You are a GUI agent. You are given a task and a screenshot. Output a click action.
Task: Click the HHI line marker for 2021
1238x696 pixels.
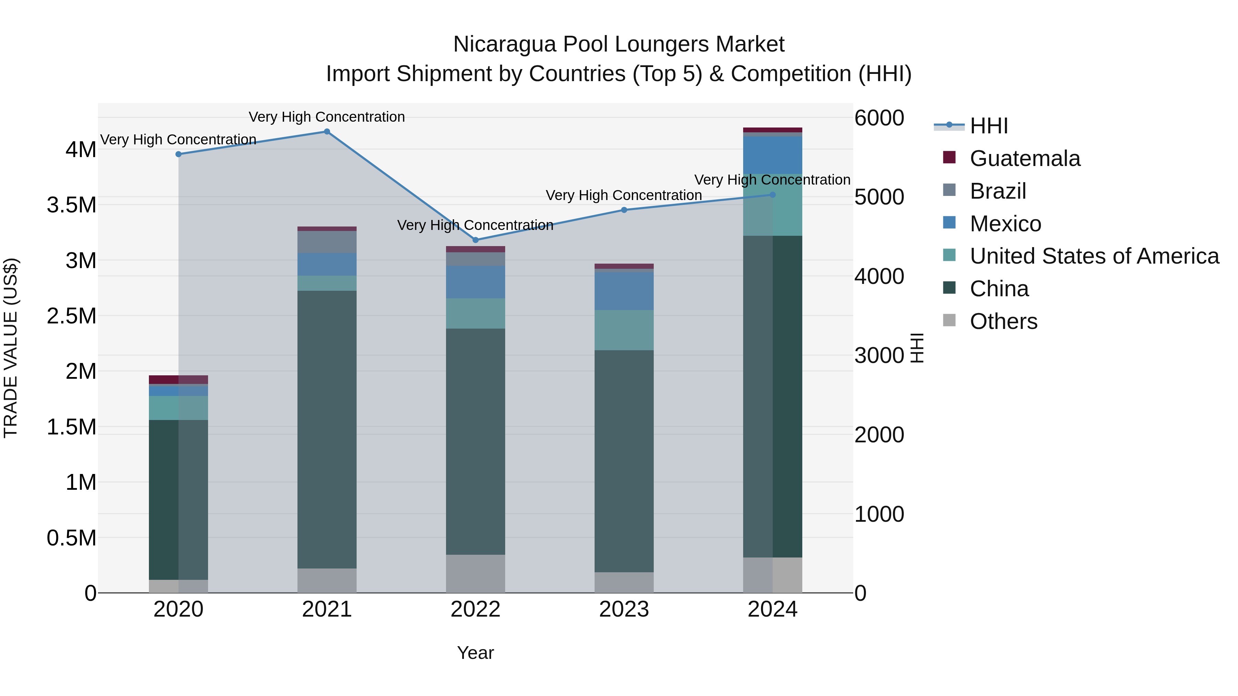[x=327, y=131]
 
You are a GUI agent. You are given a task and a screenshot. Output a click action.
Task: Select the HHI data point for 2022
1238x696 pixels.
[x=475, y=240]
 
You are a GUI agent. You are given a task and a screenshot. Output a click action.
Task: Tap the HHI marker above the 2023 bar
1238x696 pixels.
[x=624, y=210]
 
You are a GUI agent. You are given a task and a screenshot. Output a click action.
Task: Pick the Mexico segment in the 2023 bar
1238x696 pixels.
[x=624, y=291]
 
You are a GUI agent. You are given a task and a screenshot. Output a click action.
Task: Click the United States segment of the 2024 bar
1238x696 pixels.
[x=772, y=205]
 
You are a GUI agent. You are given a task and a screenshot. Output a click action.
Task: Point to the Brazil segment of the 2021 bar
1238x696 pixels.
[x=327, y=242]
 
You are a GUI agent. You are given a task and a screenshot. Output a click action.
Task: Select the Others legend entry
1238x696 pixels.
[x=1003, y=321]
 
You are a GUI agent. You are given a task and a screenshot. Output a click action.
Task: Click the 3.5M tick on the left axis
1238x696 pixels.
[x=71, y=205]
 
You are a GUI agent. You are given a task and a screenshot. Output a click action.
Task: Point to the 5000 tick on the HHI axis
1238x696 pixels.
[x=879, y=197]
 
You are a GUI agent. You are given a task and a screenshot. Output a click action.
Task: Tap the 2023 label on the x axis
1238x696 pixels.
[x=624, y=609]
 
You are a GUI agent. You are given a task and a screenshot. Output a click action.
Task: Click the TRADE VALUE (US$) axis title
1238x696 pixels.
[x=11, y=348]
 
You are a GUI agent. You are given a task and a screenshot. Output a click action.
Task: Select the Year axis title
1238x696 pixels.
[x=475, y=653]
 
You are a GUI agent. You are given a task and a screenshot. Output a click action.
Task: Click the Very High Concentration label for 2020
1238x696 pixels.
[x=178, y=139]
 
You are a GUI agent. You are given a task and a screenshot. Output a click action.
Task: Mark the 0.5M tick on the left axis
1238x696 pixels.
[x=71, y=538]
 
